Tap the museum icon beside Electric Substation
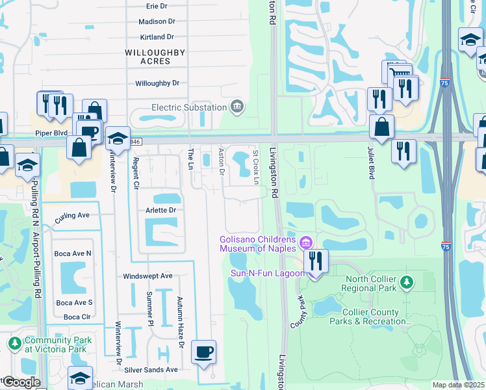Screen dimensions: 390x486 click(237, 106)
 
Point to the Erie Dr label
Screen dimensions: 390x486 click(157, 6)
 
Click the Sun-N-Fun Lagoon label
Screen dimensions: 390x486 click(267, 273)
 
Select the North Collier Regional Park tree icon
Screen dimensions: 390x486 click(406, 282)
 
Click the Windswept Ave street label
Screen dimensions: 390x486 click(147, 276)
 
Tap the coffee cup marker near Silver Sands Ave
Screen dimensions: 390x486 click(203, 353)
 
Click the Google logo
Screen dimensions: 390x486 click(21, 382)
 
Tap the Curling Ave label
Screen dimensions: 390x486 click(72, 215)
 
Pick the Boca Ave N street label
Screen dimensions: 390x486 click(73, 253)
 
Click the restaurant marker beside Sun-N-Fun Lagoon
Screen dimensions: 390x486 click(316, 262)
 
